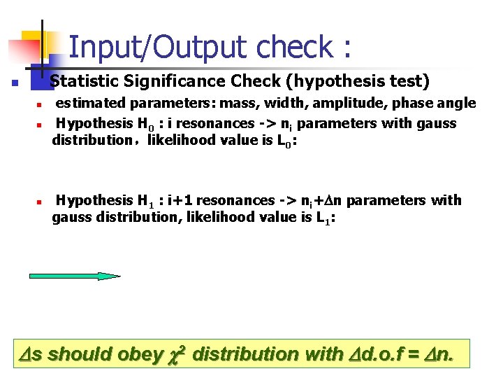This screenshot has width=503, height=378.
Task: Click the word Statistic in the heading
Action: click(83, 81)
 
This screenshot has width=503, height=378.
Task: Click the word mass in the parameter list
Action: click(239, 104)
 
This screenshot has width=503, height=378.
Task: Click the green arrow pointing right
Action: click(74, 276)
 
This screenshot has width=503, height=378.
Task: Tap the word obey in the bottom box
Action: click(139, 353)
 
